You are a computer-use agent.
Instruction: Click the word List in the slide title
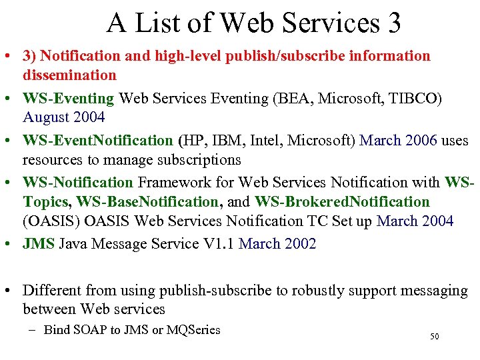point(157,23)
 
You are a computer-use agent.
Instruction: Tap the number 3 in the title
point(393,23)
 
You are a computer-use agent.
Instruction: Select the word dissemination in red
point(69,75)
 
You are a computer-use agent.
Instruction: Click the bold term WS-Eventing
point(68,99)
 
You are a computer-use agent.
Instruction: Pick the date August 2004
point(64,118)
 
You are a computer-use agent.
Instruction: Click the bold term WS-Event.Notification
point(97,141)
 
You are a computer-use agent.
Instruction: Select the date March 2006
point(398,141)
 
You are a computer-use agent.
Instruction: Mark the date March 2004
point(415,221)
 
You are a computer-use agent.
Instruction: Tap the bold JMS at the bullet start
point(39,244)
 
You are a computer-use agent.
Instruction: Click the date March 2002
point(277,244)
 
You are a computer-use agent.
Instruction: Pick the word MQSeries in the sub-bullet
point(193,330)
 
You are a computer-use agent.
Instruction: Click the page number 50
point(434,337)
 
